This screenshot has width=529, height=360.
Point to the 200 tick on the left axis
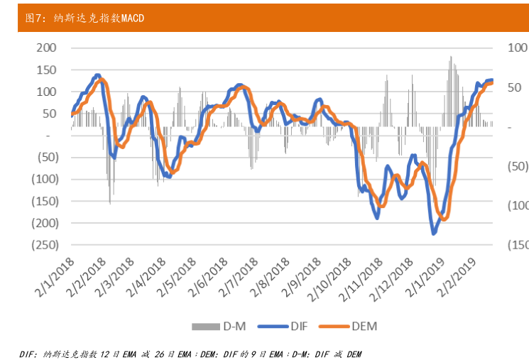46,48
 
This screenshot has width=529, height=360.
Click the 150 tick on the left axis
46,70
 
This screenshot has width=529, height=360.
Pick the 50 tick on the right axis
516,87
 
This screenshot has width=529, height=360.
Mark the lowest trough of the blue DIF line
434,232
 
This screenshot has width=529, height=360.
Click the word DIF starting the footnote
27,353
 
